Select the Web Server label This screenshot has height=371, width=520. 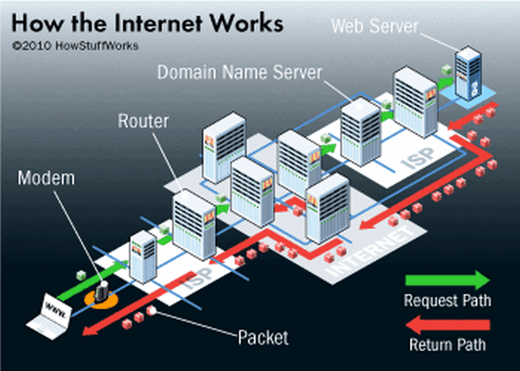point(375,26)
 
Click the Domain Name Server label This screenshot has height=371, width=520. point(240,72)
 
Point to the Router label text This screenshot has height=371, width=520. point(143,122)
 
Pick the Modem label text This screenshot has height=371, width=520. point(46,178)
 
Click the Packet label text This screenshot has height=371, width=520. point(263,336)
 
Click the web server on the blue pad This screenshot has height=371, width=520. point(468,74)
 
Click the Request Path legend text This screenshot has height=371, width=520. point(447,300)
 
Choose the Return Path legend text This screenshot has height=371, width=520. point(447,345)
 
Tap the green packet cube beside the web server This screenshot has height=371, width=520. point(446,69)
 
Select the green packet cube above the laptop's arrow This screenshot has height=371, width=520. point(81,275)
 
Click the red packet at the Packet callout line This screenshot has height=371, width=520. point(151,310)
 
